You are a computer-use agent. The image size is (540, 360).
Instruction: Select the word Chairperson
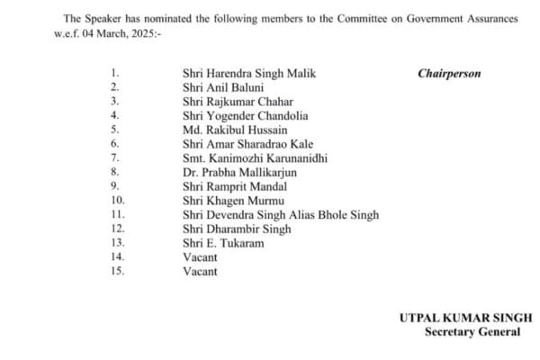[x=449, y=74]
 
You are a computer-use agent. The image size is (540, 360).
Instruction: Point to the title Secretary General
[x=472, y=332]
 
